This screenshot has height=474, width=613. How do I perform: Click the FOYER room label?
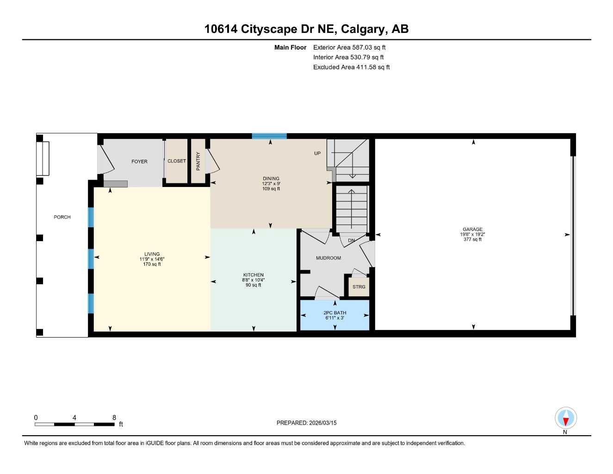point(139,162)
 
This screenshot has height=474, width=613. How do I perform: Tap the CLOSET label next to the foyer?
point(176,161)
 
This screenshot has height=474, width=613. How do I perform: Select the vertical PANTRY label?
point(198,161)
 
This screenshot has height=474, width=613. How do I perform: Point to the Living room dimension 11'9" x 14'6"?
point(152,259)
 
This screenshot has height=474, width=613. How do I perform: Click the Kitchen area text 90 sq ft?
point(253,285)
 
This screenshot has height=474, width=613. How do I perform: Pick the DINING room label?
point(271,178)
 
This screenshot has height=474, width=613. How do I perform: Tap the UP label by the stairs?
point(317,153)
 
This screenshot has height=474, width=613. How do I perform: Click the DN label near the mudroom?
point(351,240)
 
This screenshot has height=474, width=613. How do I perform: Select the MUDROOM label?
point(328,258)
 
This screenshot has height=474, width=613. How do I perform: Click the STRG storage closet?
point(359,287)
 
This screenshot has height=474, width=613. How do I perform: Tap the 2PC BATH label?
point(334,313)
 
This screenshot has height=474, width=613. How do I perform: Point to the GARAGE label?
point(472,229)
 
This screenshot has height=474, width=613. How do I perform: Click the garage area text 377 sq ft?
point(472,239)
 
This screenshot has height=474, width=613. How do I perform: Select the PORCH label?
point(62,217)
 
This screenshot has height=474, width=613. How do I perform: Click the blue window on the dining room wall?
point(269,136)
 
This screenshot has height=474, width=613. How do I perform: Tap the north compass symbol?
point(565,419)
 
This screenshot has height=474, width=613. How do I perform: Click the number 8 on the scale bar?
point(114,418)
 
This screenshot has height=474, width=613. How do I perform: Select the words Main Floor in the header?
point(290,47)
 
